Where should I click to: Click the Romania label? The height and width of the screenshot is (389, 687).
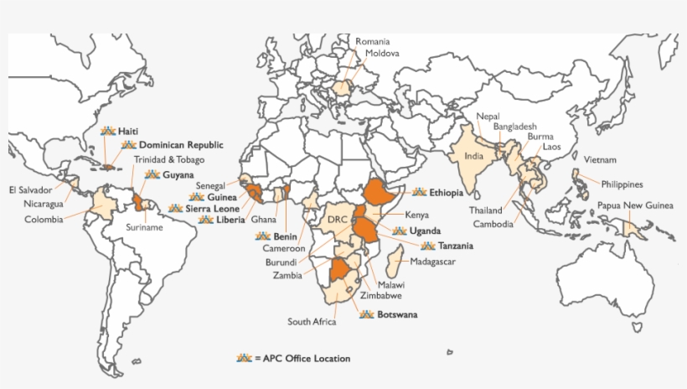[x=373, y=41]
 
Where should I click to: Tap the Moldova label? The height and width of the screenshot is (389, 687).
[x=382, y=53]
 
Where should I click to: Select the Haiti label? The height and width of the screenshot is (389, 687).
[x=128, y=132]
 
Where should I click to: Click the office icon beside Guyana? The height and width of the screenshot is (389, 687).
[x=152, y=174]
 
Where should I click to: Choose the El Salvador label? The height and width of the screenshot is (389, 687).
[x=30, y=189]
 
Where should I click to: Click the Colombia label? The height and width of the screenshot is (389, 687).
[x=44, y=220]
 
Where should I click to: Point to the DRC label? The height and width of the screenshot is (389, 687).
[x=337, y=219]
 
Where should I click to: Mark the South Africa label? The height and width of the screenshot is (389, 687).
[x=312, y=321]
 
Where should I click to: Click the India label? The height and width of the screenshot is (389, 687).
[x=474, y=156]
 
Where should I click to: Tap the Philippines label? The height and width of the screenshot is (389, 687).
[x=621, y=184]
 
